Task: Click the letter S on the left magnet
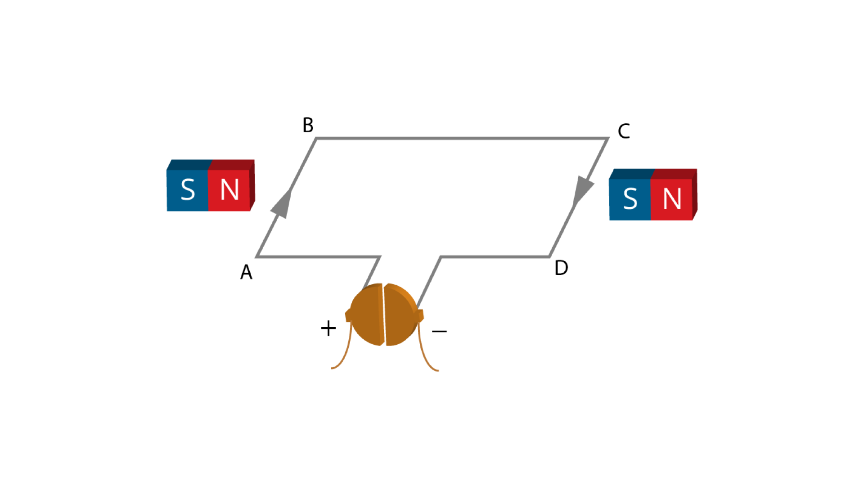coord(188,189)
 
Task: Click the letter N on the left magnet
coord(229,189)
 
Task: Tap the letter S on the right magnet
coord(630,198)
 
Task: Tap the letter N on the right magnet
coord(672,198)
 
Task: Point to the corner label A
coord(246,272)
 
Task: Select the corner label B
coord(308,125)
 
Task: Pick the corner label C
coord(624,131)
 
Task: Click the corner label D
coord(561,268)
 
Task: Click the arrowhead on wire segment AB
coord(282,205)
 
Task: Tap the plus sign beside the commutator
coord(328,328)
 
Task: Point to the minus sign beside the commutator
coord(439,332)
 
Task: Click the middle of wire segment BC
coord(462,138)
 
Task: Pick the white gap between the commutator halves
coord(384,315)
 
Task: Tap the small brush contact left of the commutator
coord(348,315)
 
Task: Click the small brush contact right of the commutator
coord(420,315)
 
